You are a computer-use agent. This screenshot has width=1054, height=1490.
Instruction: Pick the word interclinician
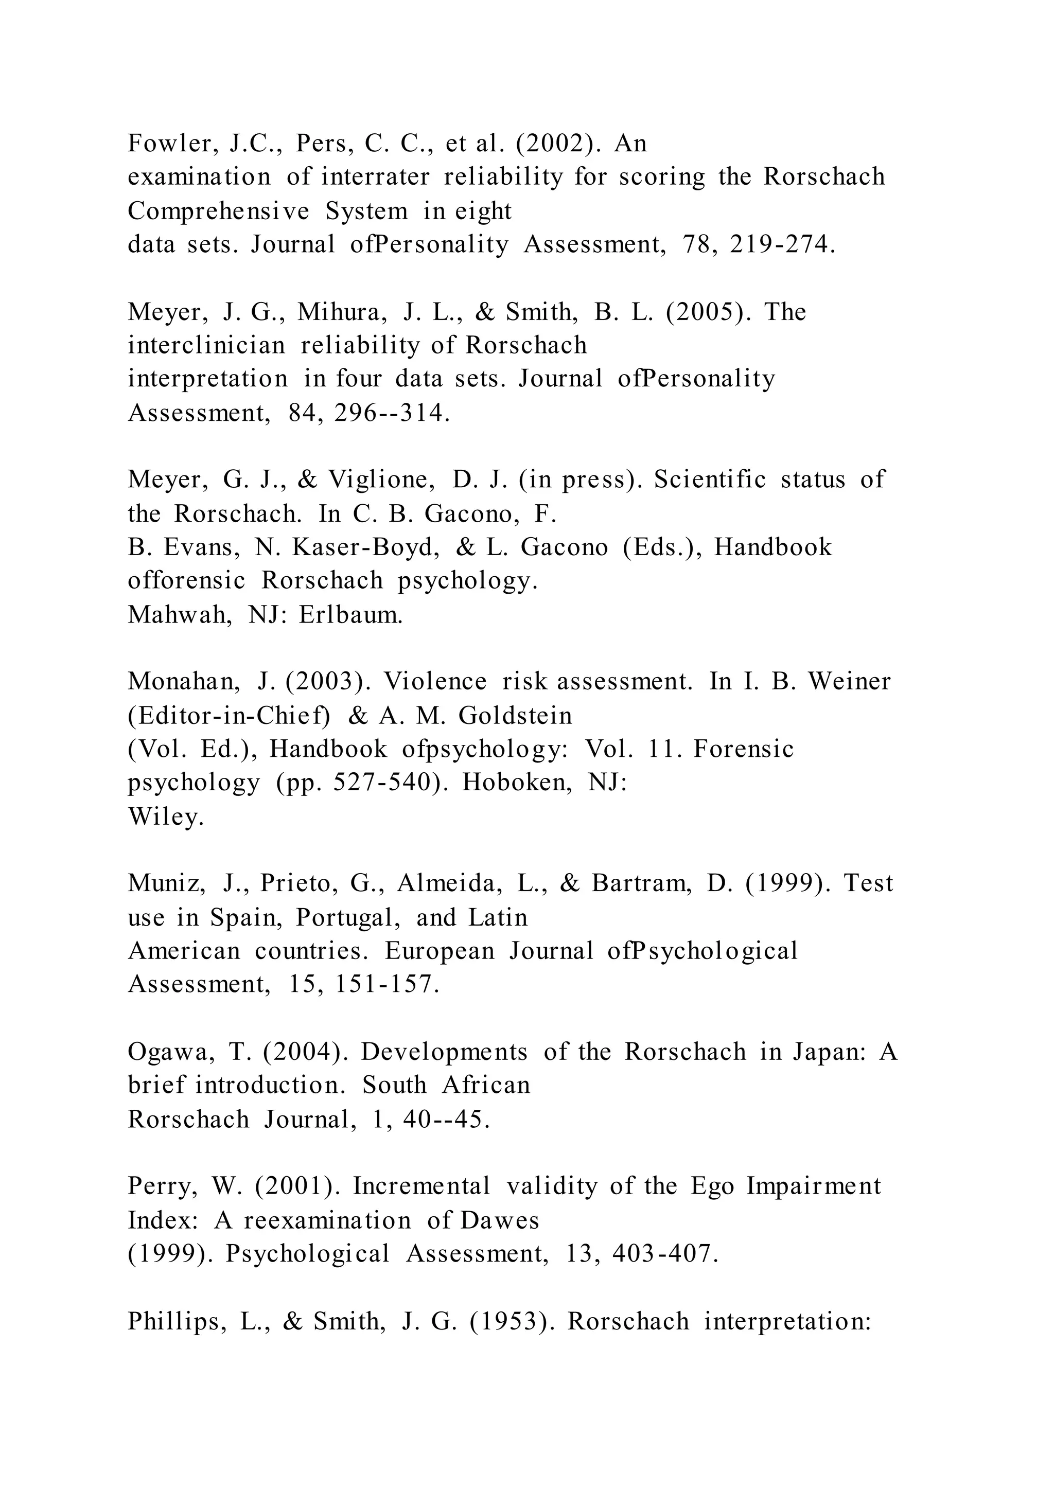click(x=206, y=346)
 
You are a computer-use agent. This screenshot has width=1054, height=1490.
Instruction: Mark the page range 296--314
click(x=392, y=413)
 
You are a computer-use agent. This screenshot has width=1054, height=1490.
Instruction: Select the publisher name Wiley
click(x=166, y=817)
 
